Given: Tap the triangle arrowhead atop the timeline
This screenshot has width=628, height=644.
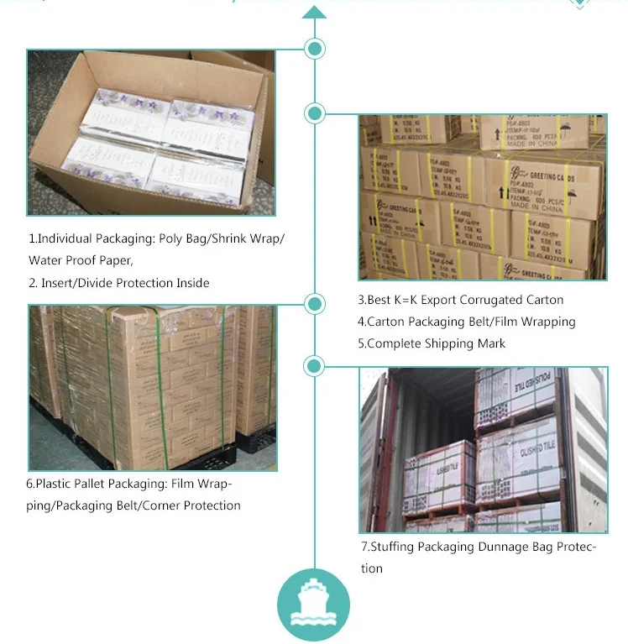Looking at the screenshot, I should (314, 12).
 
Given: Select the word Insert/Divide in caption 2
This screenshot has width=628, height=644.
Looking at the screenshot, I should (83, 283).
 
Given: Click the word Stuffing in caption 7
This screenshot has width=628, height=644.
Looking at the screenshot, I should (394, 547).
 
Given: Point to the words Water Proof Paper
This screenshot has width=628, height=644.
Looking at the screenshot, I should (81, 260).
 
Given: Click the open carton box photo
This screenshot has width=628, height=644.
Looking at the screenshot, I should (151, 133).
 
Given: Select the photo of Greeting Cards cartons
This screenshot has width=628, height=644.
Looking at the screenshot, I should (483, 196).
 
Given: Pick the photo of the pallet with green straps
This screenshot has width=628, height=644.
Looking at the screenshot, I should (151, 388).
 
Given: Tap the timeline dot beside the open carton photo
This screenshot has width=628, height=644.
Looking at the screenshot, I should (315, 50).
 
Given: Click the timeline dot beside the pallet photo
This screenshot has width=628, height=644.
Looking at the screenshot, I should (315, 304).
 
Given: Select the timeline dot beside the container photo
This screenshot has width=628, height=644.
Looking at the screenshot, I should (315, 366).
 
